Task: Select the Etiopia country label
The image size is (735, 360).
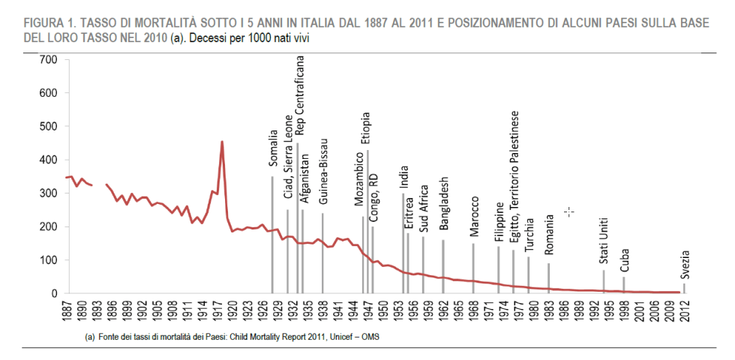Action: (366, 130)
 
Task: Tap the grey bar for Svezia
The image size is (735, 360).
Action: (684, 288)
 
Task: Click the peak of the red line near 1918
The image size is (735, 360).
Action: (222, 142)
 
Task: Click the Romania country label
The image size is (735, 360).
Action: (549, 234)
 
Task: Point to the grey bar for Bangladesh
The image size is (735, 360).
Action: (443, 266)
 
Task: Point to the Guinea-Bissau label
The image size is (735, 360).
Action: (323, 172)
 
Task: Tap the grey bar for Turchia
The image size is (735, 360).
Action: (528, 274)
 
